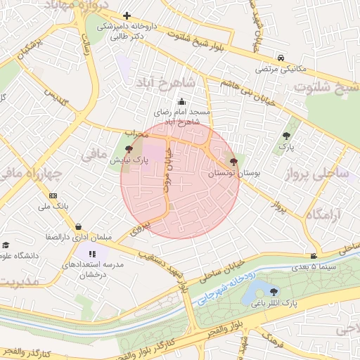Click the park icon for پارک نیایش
[x=128, y=149]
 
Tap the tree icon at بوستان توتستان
[x=233, y=161]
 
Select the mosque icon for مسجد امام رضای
[x=182, y=101]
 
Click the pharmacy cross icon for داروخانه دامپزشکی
[x=127, y=15]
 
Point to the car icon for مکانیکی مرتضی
[x=281, y=58]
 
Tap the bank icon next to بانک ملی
[x=53, y=195]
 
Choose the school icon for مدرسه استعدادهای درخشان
[x=92, y=254]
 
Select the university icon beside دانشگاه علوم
[x=6, y=245]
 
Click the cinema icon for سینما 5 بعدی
[x=313, y=256]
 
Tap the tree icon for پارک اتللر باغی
[x=273, y=291]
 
